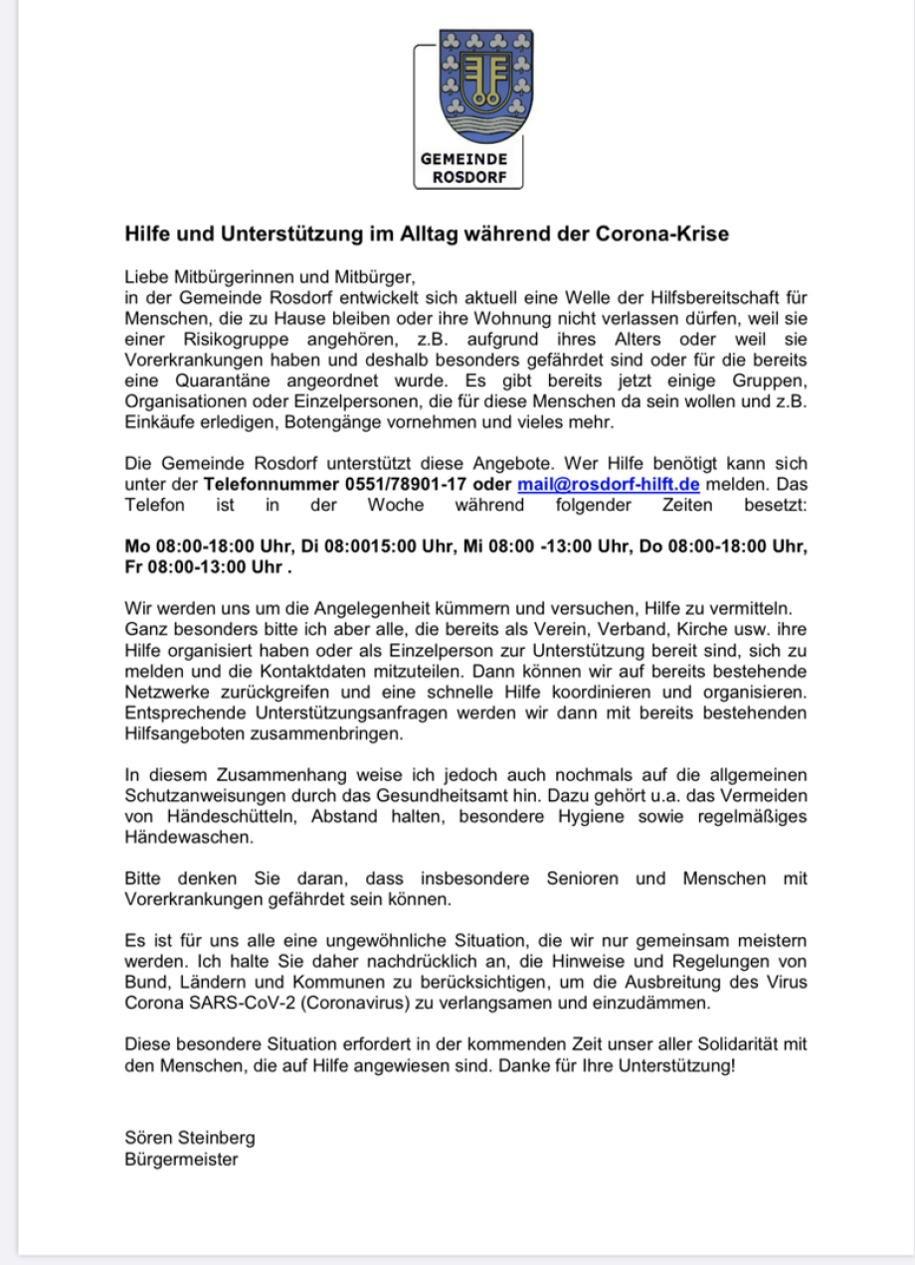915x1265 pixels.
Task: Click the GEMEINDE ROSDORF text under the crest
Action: click(463, 168)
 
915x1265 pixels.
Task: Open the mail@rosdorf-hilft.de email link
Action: click(609, 485)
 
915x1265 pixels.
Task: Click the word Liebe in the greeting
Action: click(144, 275)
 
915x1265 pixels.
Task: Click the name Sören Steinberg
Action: click(190, 1138)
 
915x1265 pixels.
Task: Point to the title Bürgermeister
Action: click(182, 1159)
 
